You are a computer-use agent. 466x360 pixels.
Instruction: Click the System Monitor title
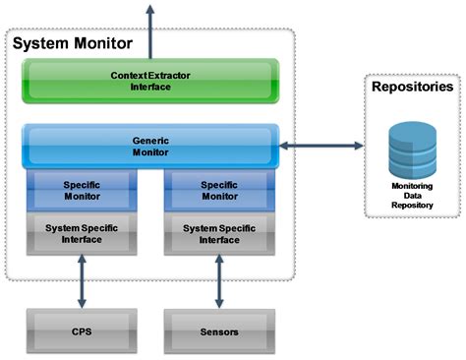(74, 44)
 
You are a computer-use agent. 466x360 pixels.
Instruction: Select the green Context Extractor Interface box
(151, 81)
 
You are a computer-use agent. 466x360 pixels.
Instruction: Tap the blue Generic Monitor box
(151, 146)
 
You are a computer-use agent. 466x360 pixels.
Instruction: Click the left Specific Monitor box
(82, 190)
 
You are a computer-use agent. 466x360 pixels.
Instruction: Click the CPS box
(82, 331)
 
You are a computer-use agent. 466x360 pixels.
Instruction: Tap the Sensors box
(217, 331)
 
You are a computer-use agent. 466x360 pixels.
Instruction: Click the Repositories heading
(412, 87)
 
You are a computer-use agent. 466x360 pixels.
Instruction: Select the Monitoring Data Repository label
(411, 195)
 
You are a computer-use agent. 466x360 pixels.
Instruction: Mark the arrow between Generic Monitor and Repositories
(321, 147)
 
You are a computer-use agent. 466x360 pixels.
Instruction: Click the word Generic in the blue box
(151, 140)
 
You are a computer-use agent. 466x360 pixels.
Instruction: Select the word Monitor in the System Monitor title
(103, 44)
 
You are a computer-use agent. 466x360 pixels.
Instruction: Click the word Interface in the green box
(151, 87)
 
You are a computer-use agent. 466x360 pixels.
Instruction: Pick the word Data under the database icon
(411, 195)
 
